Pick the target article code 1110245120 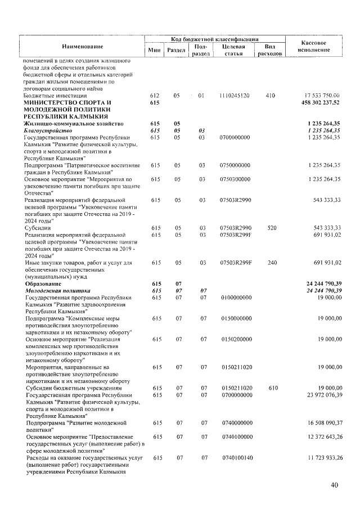click(236, 96)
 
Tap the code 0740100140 click(236, 458)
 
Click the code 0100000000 click(236, 297)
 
